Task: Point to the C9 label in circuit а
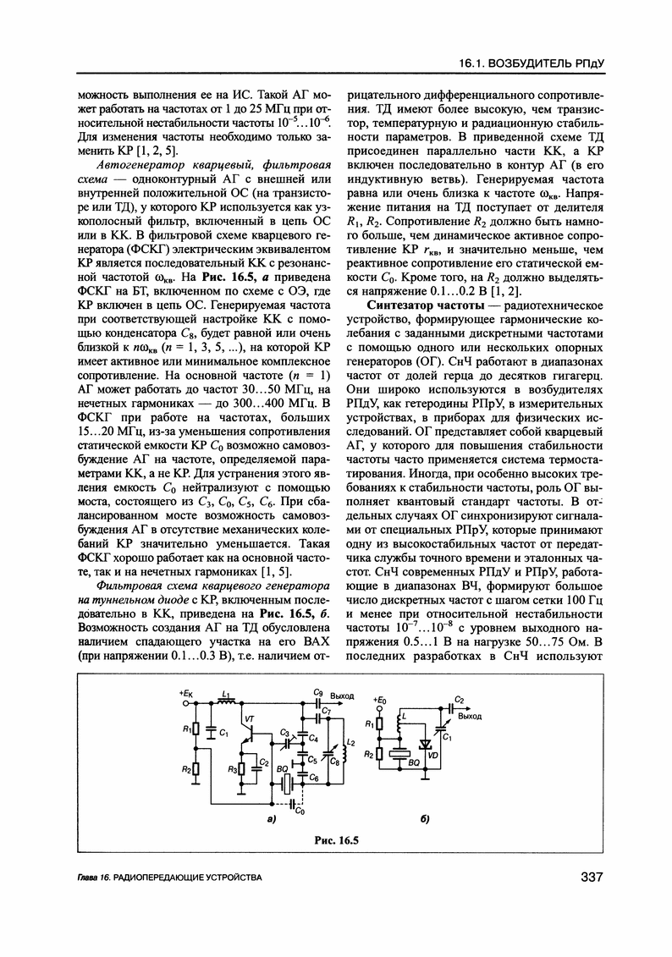coord(317,692)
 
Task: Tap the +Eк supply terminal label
coord(186,694)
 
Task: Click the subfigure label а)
coord(270,820)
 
